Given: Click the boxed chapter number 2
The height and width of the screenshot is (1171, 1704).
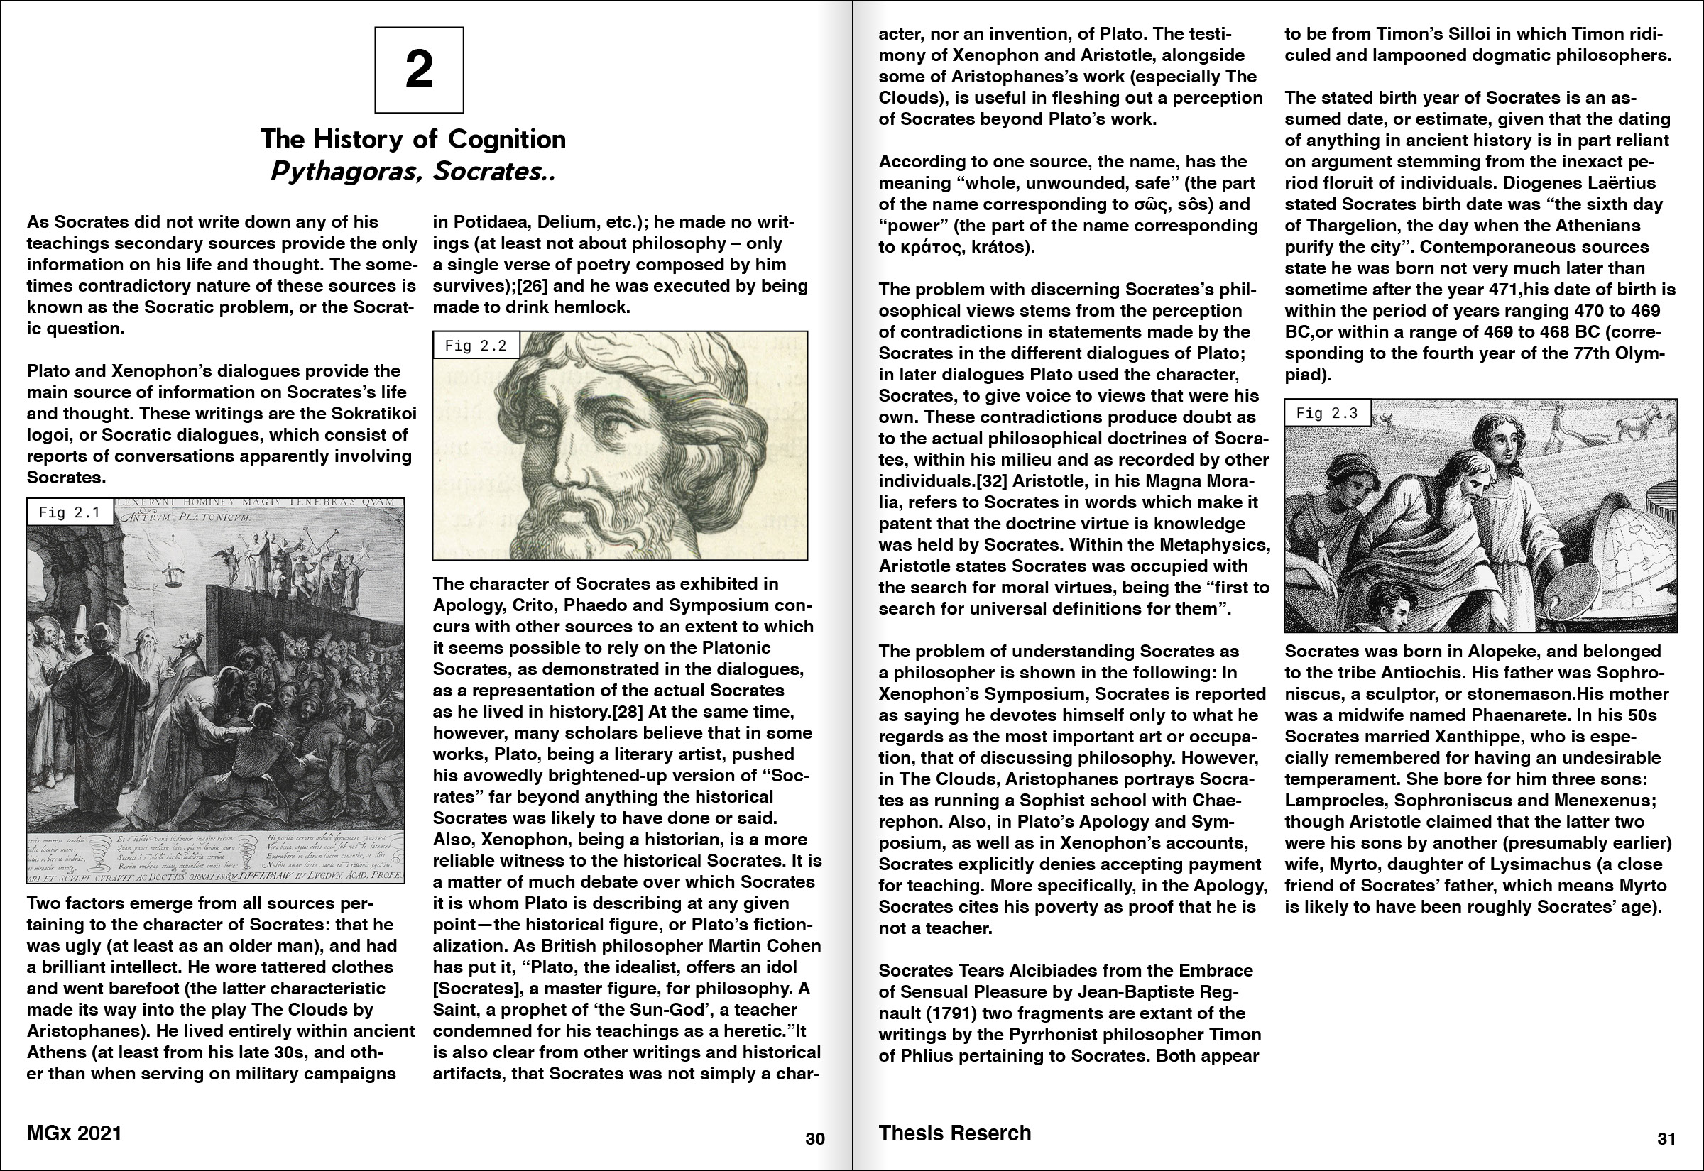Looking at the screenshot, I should [419, 70].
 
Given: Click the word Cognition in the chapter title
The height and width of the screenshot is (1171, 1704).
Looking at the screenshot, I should [506, 139].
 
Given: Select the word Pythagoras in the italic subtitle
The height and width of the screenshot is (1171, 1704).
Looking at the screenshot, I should [348, 172].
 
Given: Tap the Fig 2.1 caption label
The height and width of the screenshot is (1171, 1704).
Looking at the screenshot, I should [70, 512].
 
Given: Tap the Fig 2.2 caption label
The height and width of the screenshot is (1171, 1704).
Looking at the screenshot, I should [476, 346].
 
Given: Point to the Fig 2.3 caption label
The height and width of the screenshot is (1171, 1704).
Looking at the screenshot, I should [1327, 413].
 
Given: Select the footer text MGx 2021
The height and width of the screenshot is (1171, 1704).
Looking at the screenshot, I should [74, 1133].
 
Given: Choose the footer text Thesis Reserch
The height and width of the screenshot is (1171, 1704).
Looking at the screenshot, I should [955, 1133].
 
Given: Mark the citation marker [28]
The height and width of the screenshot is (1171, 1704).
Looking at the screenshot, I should [622, 712].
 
